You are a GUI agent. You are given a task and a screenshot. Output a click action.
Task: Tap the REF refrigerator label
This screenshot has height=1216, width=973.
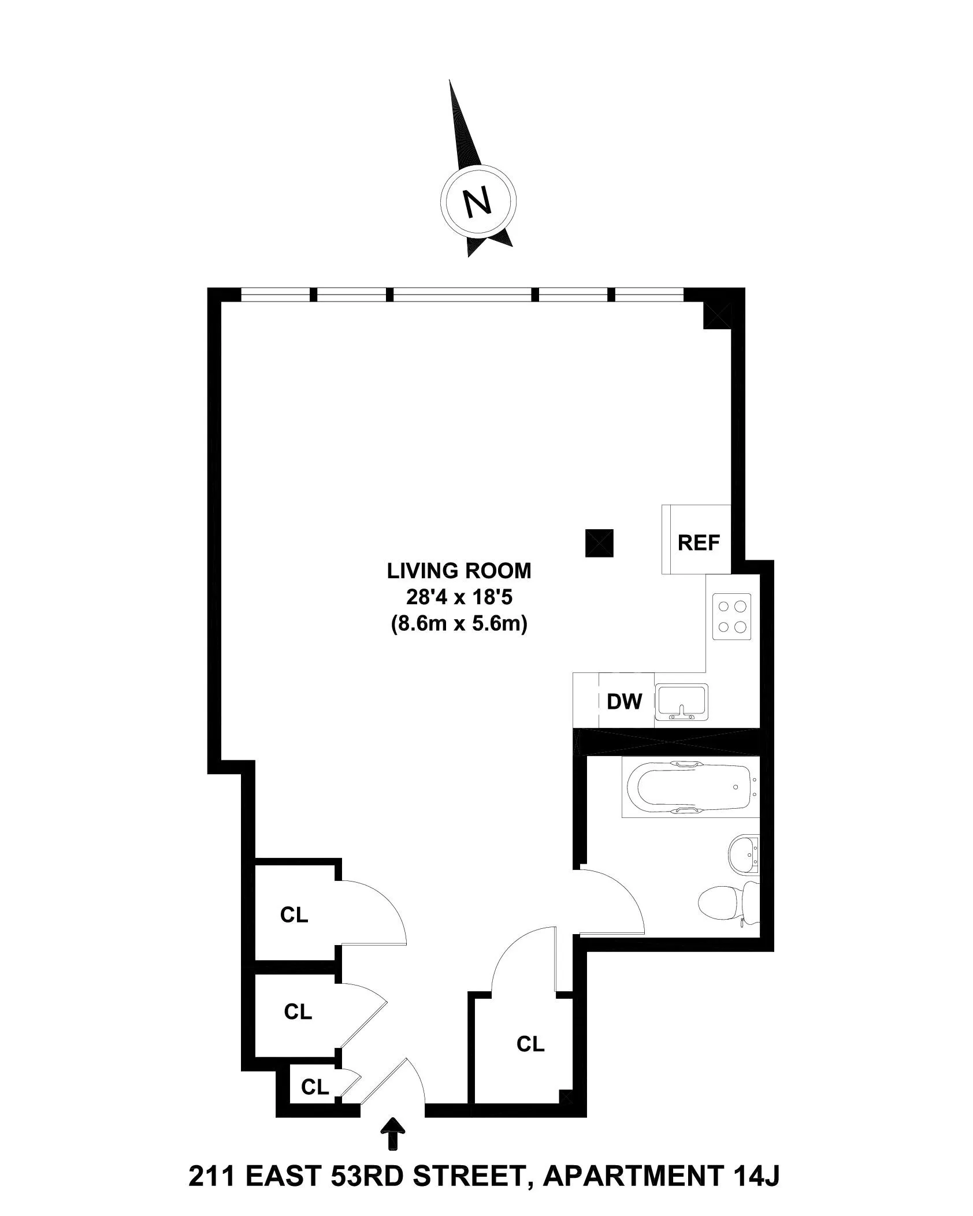point(699,543)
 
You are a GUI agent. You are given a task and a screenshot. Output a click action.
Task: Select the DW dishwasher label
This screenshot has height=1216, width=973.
point(624,701)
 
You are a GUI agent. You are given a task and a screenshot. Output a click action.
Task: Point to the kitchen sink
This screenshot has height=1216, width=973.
point(681,702)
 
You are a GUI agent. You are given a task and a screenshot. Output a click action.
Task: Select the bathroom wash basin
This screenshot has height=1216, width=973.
point(744,863)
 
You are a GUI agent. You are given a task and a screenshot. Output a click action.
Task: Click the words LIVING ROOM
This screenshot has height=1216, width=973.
point(459,571)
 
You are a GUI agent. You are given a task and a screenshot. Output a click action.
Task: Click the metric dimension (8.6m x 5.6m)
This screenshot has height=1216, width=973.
point(459,625)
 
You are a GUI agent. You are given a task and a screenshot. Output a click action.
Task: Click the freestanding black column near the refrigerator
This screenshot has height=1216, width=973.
point(599,543)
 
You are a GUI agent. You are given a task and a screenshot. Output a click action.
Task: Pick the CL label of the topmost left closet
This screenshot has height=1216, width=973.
point(294,914)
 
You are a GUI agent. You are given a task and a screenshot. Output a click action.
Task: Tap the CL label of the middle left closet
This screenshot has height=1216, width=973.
point(298,1011)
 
